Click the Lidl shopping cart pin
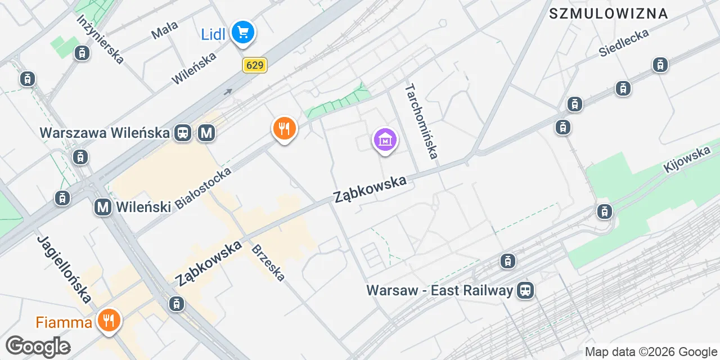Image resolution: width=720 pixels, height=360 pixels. point(243,32)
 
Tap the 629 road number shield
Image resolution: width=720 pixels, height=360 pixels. point(254,65)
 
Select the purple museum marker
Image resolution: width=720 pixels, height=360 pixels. point(385,140)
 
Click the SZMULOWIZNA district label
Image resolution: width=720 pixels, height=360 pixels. point(608,13)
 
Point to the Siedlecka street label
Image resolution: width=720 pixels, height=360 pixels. point(623,42)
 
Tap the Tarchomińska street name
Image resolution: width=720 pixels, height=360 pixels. point(421,121)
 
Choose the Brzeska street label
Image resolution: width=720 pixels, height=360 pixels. point(268,263)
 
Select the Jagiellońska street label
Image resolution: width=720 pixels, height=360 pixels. point(64,269)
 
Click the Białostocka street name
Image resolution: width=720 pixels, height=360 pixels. point(203,188)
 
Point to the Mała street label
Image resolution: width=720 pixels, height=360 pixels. point(165,30)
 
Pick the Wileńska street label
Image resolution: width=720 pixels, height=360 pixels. point(194,68)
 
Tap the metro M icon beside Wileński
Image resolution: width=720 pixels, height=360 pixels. point(103,207)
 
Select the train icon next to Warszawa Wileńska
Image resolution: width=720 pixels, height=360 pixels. point(183,133)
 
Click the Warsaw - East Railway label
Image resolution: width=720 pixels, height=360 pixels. point(439,290)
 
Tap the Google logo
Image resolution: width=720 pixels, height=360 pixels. point(38,347)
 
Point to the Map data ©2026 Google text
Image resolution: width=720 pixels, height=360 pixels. point(651,352)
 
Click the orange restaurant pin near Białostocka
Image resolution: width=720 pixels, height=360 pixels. point(285,129)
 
